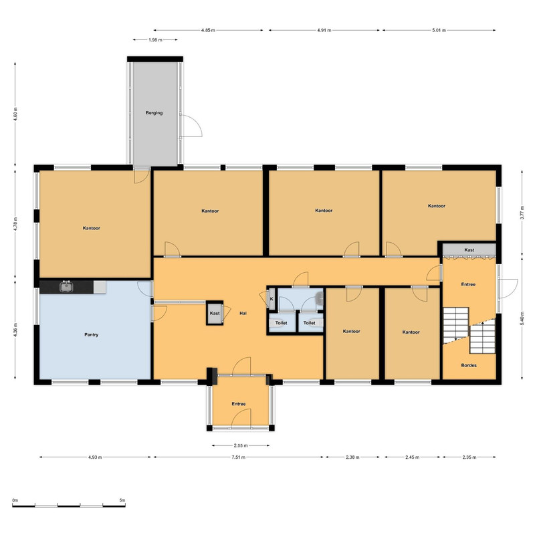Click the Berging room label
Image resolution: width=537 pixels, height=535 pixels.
154,113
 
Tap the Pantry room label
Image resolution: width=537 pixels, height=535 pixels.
92,334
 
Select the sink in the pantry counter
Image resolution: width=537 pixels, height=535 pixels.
66,286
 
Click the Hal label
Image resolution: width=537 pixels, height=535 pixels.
243,313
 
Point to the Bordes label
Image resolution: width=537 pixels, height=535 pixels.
469,365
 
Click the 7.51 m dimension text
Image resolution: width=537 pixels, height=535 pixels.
239,457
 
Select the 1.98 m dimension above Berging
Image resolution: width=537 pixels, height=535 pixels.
156,39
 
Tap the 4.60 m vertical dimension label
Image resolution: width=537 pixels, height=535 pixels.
15,114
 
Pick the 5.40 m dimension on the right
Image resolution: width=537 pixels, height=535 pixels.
522,318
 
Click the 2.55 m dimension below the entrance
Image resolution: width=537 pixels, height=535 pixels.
241,445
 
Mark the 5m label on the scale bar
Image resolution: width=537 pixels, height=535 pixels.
122,500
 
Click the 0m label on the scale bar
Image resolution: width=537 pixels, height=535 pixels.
15,500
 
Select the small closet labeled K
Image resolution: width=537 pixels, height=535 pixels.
272,299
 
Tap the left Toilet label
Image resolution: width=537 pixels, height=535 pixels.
281,322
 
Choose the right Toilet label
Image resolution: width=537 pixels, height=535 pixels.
309,322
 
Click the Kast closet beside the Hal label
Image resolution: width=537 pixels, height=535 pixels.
215,313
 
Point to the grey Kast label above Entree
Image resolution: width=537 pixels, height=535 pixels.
469,249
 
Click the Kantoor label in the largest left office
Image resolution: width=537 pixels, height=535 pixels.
92,228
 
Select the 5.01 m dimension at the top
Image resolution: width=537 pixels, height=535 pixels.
439,30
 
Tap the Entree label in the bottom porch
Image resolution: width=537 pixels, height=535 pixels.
239,404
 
